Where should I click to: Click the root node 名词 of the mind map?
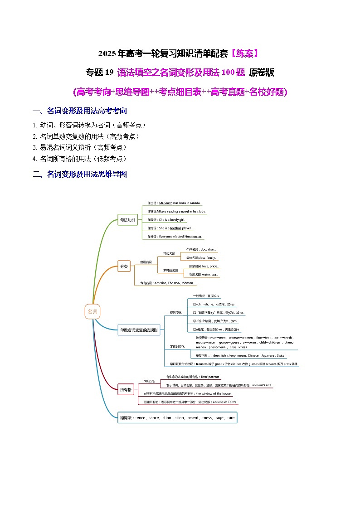pos(92,312)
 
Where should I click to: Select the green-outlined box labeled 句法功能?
pos(127,220)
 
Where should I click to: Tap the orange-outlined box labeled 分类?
pos(123,267)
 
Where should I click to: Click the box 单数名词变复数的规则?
pos(139,330)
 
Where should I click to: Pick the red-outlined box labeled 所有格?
pos(126,389)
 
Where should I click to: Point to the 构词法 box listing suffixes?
pos(177,417)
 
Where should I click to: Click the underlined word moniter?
pos(195,237)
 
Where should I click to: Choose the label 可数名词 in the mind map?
pos(169,254)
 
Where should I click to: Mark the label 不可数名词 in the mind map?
pos(170,271)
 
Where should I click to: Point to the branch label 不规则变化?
pos(177,347)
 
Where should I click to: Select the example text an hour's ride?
pos(262,385)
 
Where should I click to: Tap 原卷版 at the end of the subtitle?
pos(262,73)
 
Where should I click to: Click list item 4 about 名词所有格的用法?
pos(79,159)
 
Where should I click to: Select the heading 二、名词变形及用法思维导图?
pos(80,174)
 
